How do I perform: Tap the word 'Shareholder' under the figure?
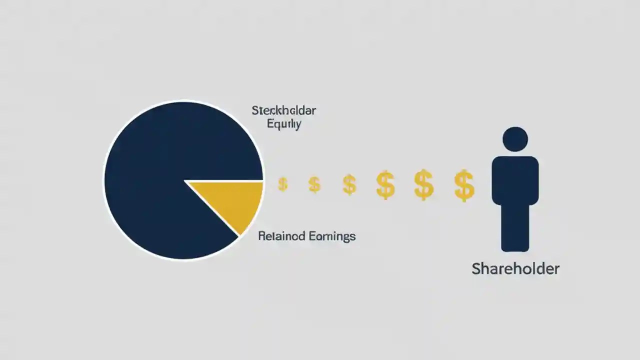click(x=515, y=268)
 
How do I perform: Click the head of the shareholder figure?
click(x=515, y=139)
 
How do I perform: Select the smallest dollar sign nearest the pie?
click(x=282, y=184)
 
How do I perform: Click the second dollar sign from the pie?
click(x=314, y=184)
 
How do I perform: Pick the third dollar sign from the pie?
click(x=349, y=184)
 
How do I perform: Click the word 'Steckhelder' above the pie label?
click(x=283, y=110)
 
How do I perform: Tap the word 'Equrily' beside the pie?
click(x=284, y=124)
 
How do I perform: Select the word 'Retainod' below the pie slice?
click(x=281, y=236)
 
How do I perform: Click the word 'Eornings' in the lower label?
click(x=332, y=236)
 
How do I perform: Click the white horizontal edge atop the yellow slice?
click(x=225, y=180)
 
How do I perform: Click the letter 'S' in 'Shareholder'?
click(x=477, y=268)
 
